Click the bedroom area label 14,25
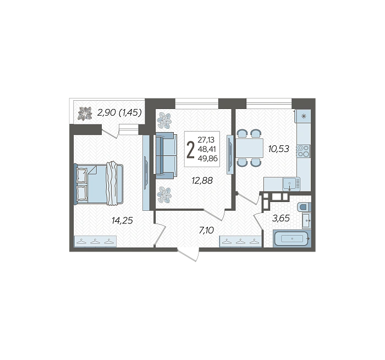point(122,221)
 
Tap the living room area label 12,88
point(202,181)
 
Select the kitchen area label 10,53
point(279,149)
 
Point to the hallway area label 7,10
point(206,231)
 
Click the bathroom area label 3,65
point(281,218)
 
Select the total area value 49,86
point(207,159)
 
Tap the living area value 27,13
point(206,140)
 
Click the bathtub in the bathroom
point(292,238)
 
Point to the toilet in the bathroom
point(304,206)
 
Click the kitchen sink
point(291,184)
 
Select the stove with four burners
point(304,151)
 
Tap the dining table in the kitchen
point(249,148)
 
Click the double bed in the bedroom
point(98,183)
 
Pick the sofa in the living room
point(166,155)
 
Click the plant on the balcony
point(85,113)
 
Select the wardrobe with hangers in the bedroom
point(95,242)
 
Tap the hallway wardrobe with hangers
point(241,242)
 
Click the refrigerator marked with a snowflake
point(304,116)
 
